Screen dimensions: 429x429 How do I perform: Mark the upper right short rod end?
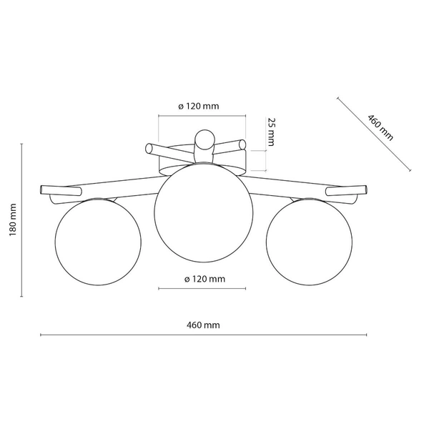pos(243,145)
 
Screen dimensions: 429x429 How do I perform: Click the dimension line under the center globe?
pos(202,289)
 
